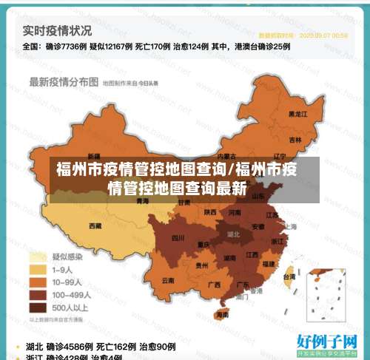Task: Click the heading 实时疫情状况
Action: tap(58, 31)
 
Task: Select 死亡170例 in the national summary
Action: tap(158, 46)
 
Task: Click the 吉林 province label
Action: tap(295, 139)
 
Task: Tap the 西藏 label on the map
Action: tap(95, 225)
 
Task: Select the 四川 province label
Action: tap(178, 238)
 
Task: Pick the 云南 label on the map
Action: tap(168, 280)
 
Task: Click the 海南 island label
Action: tap(222, 314)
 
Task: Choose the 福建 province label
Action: tap(269, 263)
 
